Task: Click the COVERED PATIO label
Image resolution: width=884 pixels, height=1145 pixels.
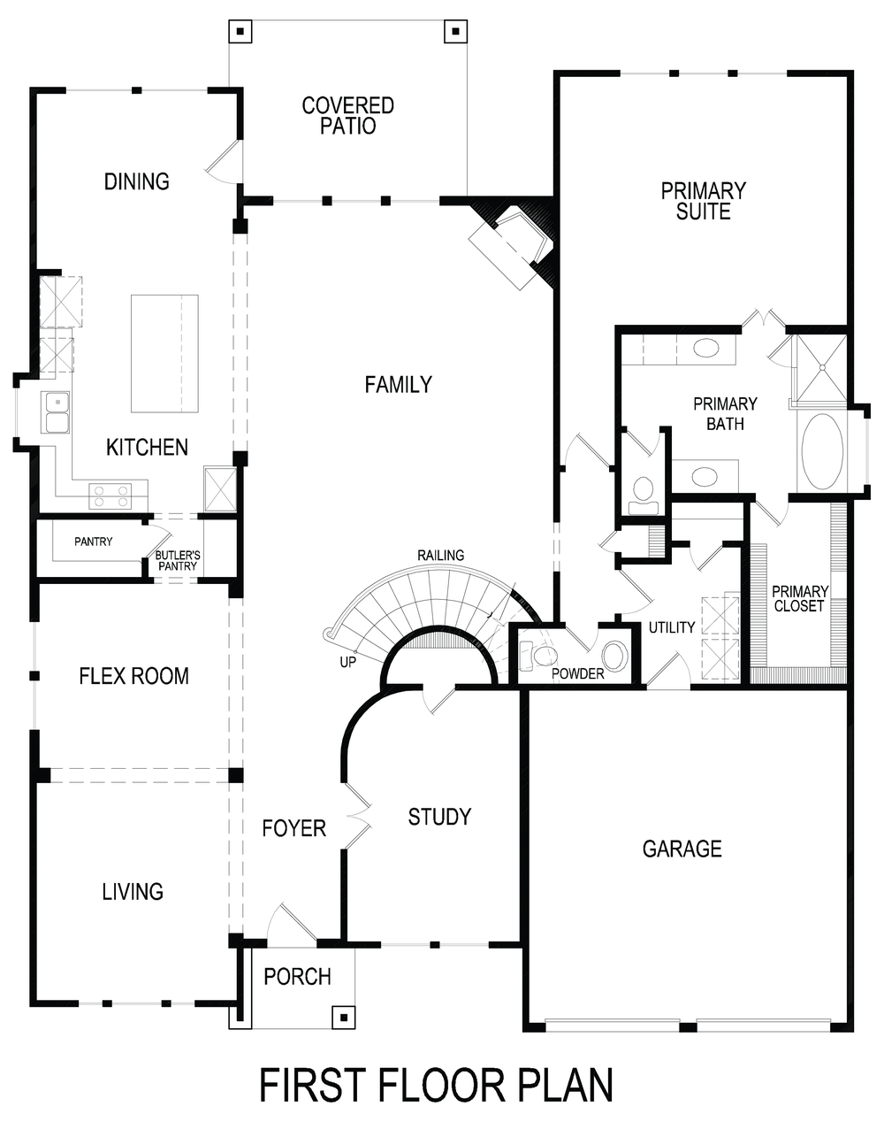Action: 347,116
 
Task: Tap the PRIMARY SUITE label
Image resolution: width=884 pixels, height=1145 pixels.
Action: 703,201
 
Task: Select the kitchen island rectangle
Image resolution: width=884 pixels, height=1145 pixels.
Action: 164,353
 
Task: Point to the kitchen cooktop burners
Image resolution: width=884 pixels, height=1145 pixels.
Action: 110,496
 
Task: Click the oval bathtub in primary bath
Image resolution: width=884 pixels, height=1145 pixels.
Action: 822,451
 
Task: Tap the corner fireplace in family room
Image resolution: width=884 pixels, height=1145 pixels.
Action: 510,247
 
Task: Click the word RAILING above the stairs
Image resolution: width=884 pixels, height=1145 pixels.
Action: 440,555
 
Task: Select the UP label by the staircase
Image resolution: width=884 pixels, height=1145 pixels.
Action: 347,661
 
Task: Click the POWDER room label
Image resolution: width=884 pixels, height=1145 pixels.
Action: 577,673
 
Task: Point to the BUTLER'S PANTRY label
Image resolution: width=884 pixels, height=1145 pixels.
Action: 178,561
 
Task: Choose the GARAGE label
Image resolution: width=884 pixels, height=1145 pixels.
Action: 682,849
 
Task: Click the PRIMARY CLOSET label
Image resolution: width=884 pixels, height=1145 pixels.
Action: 799,599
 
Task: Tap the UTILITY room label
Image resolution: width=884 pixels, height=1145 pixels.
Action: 672,627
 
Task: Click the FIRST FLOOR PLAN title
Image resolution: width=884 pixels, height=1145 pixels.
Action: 436,1086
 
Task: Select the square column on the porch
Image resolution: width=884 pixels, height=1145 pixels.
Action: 341,1016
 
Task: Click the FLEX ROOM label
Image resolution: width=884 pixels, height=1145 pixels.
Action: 133,676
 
